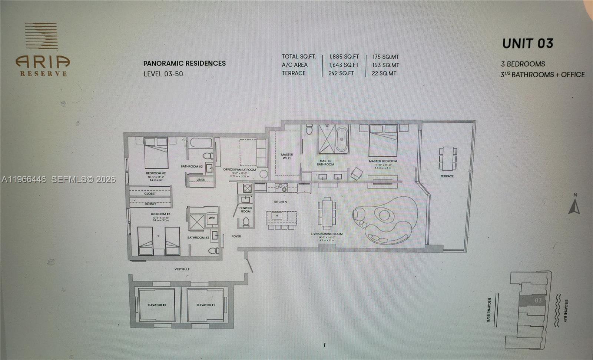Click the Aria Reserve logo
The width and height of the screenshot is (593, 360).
(42, 50)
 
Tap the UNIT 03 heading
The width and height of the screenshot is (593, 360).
(527, 44)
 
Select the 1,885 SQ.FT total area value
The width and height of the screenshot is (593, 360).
(344, 57)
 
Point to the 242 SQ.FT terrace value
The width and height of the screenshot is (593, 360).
(341, 73)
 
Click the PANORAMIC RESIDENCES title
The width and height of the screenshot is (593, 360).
(185, 63)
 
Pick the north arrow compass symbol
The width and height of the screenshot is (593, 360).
(574, 206)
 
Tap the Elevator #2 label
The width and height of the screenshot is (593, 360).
(157, 305)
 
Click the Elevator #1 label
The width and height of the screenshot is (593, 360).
(206, 305)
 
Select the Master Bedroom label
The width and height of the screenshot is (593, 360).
(382, 161)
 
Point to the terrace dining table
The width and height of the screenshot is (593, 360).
(447, 158)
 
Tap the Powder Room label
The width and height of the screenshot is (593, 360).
(245, 210)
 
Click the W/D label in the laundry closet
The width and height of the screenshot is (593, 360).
(212, 218)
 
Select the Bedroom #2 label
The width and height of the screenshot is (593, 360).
(156, 173)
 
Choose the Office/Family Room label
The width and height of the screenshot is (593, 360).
(239, 170)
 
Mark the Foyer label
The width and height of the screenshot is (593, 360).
(236, 236)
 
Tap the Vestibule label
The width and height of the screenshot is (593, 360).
(182, 269)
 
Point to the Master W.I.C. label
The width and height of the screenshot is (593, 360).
(287, 156)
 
